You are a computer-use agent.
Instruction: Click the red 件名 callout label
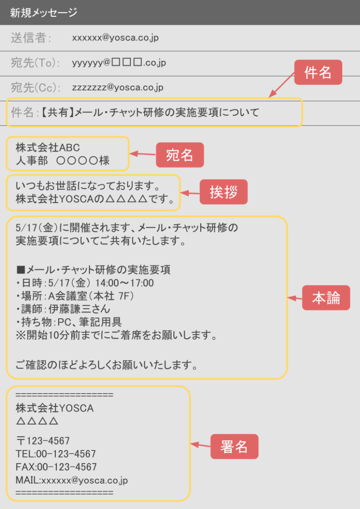click(x=318, y=72)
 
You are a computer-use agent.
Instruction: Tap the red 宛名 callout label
click(x=180, y=155)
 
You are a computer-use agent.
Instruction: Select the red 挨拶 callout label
click(x=223, y=192)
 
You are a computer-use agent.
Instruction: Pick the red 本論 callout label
click(x=326, y=298)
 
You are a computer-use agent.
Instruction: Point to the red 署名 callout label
click(x=234, y=446)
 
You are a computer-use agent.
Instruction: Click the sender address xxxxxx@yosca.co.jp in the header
click(x=115, y=37)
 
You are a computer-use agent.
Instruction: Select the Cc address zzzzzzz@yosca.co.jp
click(x=118, y=87)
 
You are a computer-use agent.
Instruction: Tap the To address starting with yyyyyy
click(x=119, y=62)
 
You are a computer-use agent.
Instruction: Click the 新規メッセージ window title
click(x=44, y=13)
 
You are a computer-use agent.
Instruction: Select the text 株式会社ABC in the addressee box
click(x=48, y=147)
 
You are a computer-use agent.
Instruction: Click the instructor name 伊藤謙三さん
click(x=79, y=309)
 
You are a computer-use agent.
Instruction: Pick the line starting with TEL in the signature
click(x=55, y=454)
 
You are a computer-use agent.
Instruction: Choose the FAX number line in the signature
click(x=56, y=467)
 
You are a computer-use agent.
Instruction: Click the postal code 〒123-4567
click(x=43, y=441)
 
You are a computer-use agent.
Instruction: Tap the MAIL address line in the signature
click(x=72, y=480)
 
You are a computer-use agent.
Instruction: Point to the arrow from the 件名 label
click(x=282, y=85)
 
